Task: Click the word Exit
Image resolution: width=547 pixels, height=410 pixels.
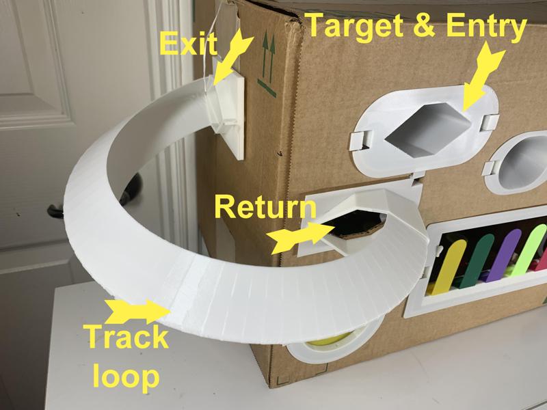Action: coord(187,44)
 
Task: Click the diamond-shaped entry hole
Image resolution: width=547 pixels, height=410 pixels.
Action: coord(425,126)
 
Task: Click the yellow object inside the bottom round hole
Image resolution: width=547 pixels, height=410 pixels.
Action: coord(328,342)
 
